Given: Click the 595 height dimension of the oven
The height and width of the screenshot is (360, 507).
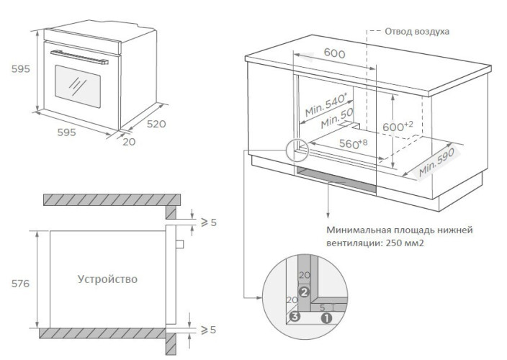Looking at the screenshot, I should click(x=20, y=69).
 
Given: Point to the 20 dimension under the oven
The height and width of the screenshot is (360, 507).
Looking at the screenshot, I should click(x=129, y=142).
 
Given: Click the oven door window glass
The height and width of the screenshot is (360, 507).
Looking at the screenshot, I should click(x=75, y=84).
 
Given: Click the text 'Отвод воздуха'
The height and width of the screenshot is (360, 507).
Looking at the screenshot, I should click(x=417, y=32).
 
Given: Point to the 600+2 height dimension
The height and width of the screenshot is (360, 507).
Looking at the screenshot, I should click(x=398, y=126).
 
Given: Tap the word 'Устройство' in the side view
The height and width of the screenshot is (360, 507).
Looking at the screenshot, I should click(x=107, y=279).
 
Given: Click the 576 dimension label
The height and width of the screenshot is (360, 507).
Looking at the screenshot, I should click(x=20, y=284).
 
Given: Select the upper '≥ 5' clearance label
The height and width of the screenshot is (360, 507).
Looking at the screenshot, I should click(x=208, y=222).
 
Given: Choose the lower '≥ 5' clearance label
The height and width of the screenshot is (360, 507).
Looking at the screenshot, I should click(x=208, y=330).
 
